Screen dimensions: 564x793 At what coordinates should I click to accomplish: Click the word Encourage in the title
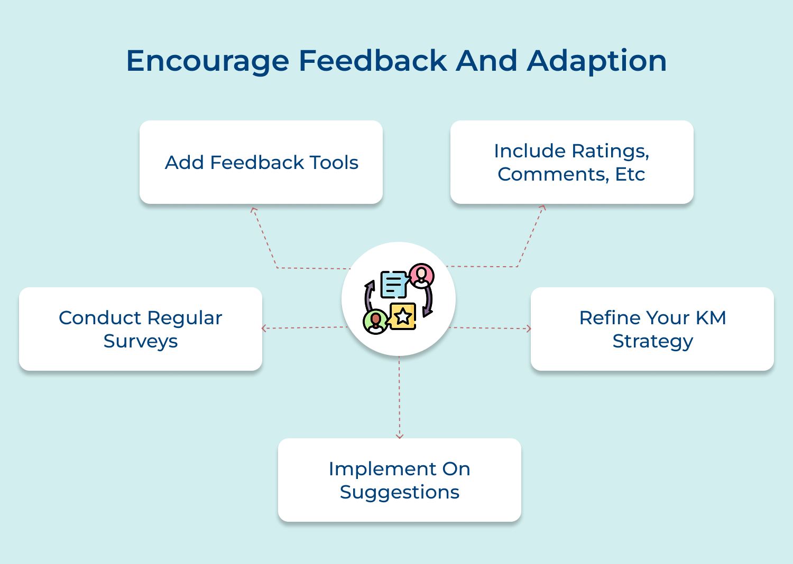point(208,61)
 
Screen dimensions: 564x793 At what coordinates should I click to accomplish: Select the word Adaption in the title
point(597,61)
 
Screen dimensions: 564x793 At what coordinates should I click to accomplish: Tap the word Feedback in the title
point(373,61)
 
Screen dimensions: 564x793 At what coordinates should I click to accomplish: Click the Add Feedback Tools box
point(261,162)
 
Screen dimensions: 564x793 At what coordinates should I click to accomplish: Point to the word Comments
point(552,174)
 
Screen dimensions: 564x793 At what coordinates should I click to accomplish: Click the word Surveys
point(141,341)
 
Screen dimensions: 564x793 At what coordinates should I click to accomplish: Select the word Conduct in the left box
point(99,318)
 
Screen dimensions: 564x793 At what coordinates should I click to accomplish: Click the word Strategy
point(652,341)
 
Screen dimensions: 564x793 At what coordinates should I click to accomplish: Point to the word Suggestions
point(399,492)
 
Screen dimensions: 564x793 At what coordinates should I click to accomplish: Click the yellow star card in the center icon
point(403,316)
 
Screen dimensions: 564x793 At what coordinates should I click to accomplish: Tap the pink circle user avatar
point(421,275)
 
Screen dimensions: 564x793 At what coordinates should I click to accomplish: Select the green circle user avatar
point(375,321)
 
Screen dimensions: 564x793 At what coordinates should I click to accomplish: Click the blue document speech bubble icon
point(394,284)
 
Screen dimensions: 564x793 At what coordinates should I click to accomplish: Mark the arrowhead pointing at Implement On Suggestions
point(400,436)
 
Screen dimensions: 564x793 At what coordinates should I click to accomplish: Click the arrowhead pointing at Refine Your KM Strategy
point(528,328)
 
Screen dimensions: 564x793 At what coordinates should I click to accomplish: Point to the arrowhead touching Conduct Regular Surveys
point(264,328)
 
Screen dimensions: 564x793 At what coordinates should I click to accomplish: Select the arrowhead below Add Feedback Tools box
point(254,210)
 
